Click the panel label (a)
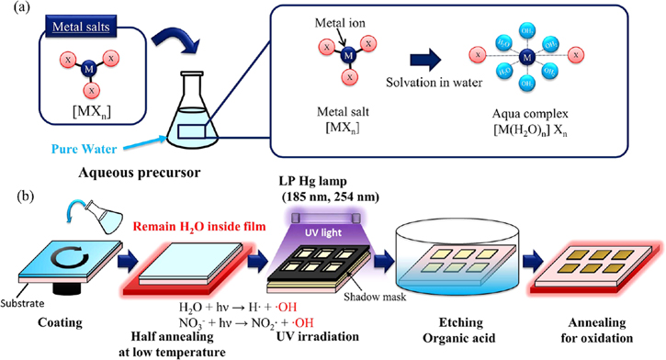[16, 10]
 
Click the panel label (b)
[16, 197]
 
